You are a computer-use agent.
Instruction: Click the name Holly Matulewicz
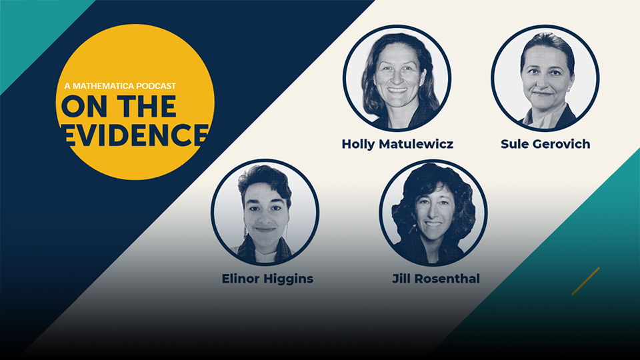click(x=397, y=144)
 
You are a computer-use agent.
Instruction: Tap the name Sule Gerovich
click(x=545, y=144)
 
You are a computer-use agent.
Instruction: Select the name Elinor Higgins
click(x=267, y=279)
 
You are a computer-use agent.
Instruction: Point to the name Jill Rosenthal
click(x=436, y=279)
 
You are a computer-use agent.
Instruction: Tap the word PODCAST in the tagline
click(x=156, y=86)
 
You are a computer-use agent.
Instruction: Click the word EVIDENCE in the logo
click(x=135, y=134)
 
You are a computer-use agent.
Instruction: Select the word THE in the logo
click(x=149, y=106)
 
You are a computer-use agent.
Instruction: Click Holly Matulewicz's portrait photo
click(x=397, y=79)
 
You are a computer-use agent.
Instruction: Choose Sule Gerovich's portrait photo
click(x=545, y=79)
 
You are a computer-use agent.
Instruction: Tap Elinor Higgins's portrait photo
click(x=265, y=212)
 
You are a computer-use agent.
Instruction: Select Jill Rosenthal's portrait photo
click(x=433, y=212)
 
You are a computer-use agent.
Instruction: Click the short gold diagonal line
click(x=586, y=281)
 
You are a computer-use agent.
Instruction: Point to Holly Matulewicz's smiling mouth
click(x=397, y=90)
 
